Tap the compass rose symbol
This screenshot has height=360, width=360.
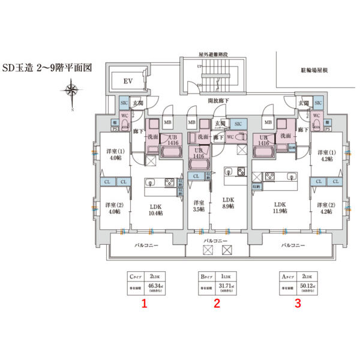pyautogui.click(x=71, y=91)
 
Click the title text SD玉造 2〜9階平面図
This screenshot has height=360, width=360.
pyautogui.click(x=46, y=68)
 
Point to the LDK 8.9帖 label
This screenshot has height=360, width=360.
pyautogui.click(x=228, y=203)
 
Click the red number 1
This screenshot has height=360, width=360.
pyautogui.click(x=144, y=304)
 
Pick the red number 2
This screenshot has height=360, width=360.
pyautogui.click(x=217, y=304)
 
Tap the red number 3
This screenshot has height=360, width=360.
pyautogui.click(x=297, y=304)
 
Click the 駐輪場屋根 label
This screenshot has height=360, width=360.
pyautogui.click(x=313, y=70)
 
